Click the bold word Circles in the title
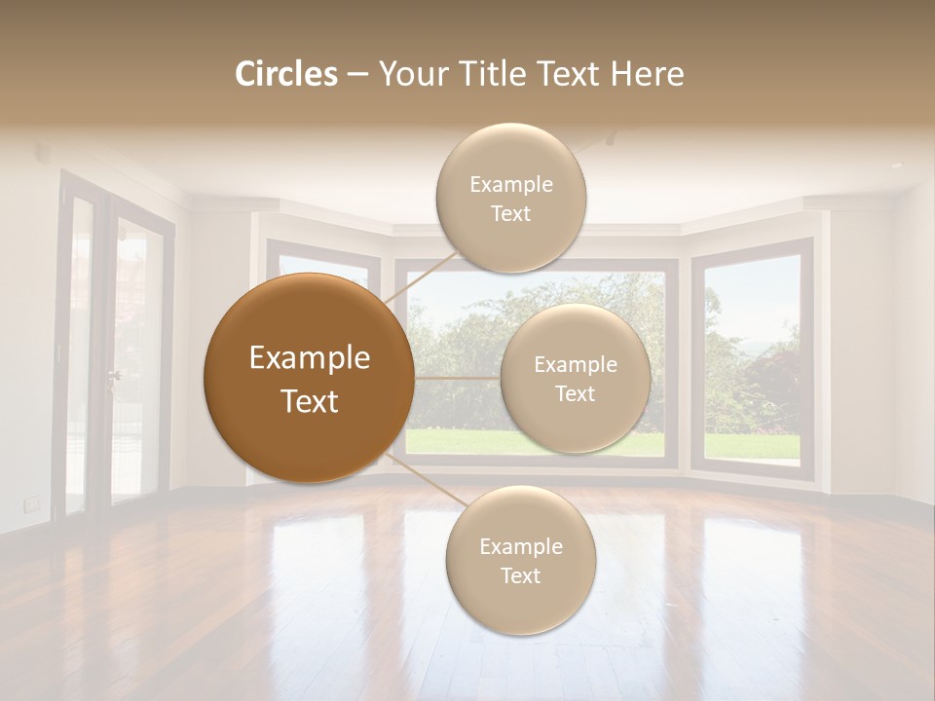coord(286,74)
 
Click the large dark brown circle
coord(309,378)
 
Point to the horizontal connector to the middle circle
coord(457,378)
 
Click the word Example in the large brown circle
coord(309,357)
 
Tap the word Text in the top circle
coord(510,213)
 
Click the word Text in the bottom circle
coord(520,575)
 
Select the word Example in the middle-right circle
coord(575,364)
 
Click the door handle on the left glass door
coord(114,375)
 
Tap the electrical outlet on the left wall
coord(32,503)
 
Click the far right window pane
coord(751,360)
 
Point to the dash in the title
coord(357,75)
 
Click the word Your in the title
coord(406,74)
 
